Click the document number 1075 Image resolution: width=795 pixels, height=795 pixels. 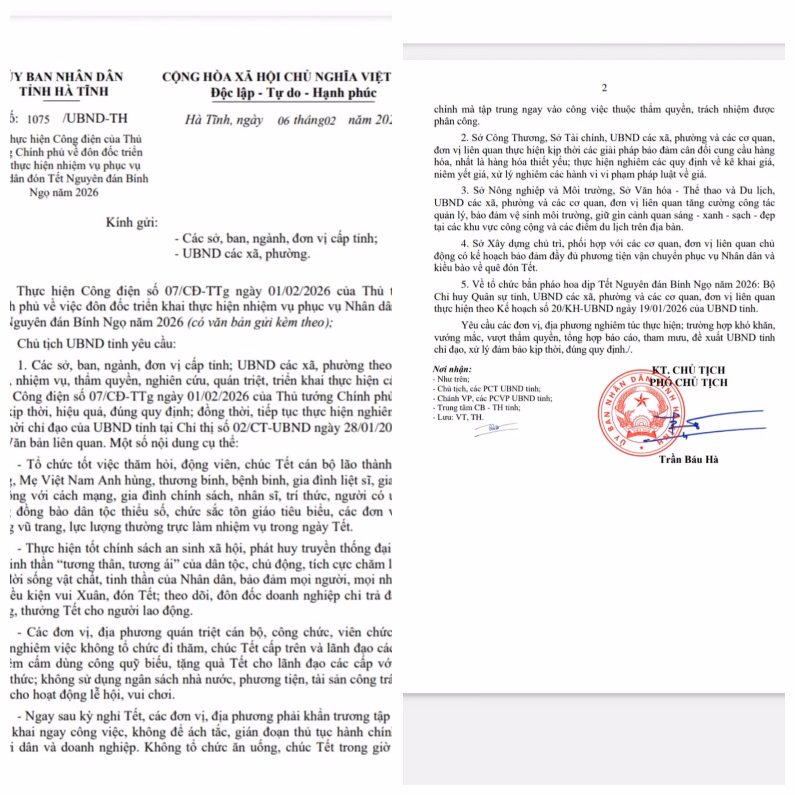point(38,119)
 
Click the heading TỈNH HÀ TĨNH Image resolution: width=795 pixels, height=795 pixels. point(64,91)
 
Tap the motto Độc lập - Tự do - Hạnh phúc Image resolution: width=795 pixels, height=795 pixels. point(293,93)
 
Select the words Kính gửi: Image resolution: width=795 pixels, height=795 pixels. point(132,223)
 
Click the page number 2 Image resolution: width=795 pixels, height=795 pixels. point(604,88)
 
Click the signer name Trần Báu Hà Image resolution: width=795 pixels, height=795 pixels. point(688,459)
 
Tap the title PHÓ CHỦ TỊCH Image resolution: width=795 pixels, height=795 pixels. point(688,382)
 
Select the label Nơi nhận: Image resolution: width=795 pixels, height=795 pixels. point(452,369)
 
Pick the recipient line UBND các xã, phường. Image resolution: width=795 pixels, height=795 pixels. point(246,254)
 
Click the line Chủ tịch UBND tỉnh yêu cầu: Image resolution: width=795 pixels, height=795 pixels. point(96,343)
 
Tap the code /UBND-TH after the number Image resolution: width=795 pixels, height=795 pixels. point(95,119)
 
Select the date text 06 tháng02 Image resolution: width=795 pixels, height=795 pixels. point(306,120)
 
